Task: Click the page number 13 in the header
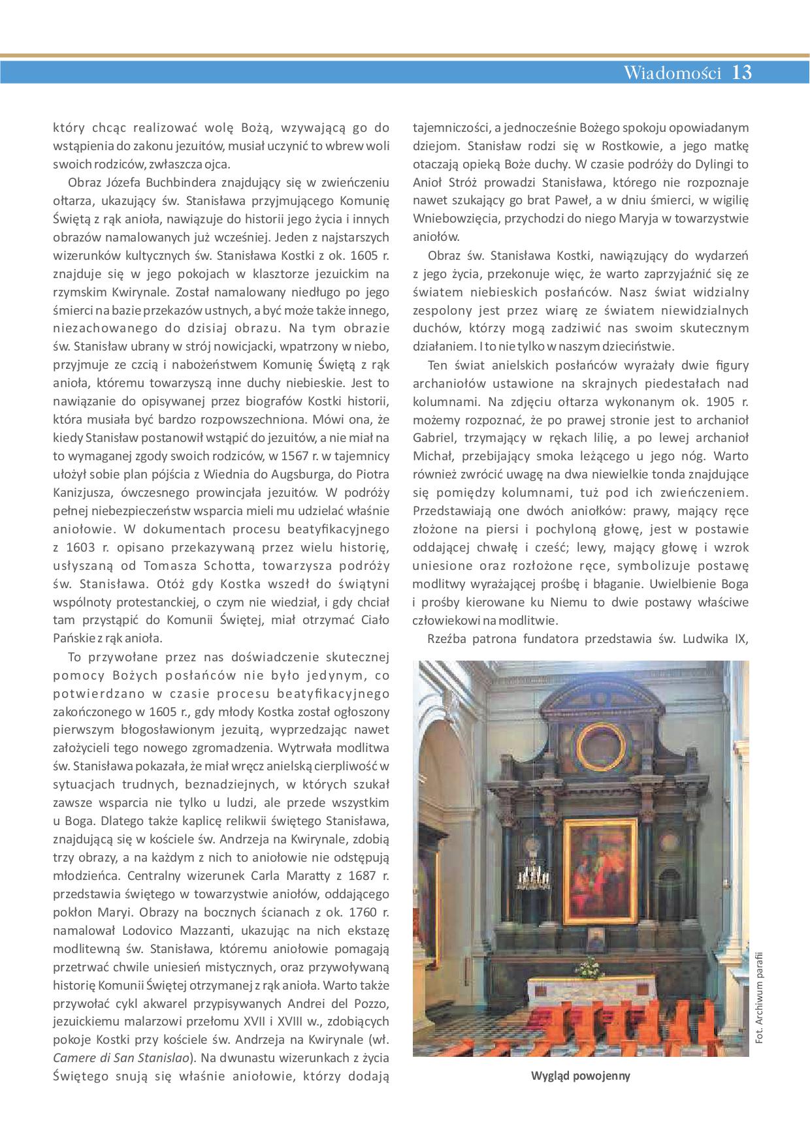(x=742, y=72)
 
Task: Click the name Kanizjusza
(x=81, y=492)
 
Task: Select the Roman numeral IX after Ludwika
(x=741, y=639)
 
